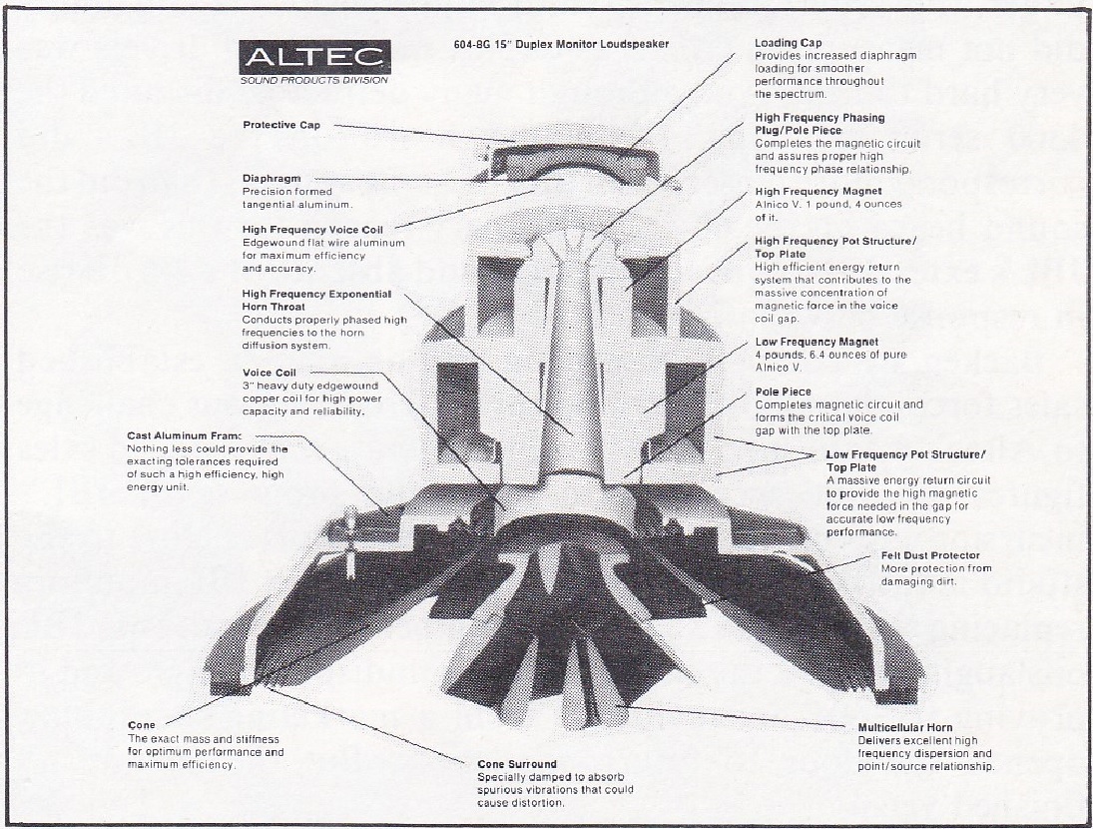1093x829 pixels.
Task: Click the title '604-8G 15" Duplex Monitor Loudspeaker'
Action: coord(561,45)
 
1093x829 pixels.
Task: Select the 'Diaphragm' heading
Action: coord(272,178)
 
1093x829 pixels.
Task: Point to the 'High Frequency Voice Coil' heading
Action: coord(312,230)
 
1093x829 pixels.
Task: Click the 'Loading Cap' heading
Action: coord(789,43)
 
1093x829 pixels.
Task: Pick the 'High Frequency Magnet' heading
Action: coord(819,191)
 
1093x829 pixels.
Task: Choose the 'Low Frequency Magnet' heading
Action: coord(817,342)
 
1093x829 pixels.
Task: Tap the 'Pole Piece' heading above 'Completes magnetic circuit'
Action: coord(784,392)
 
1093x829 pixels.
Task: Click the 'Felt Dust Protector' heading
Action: coord(930,555)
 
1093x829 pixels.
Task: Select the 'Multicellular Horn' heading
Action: coord(905,727)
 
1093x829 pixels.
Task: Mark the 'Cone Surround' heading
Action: coord(517,764)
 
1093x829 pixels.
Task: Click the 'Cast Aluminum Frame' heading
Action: coord(185,436)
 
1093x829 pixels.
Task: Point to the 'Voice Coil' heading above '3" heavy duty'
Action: coord(270,373)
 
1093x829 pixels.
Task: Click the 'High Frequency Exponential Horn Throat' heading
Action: coord(316,300)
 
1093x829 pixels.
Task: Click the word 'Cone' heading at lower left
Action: coord(142,725)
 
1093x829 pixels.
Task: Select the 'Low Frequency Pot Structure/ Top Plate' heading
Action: coord(905,460)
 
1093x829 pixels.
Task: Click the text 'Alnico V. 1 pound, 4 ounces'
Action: coord(828,204)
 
